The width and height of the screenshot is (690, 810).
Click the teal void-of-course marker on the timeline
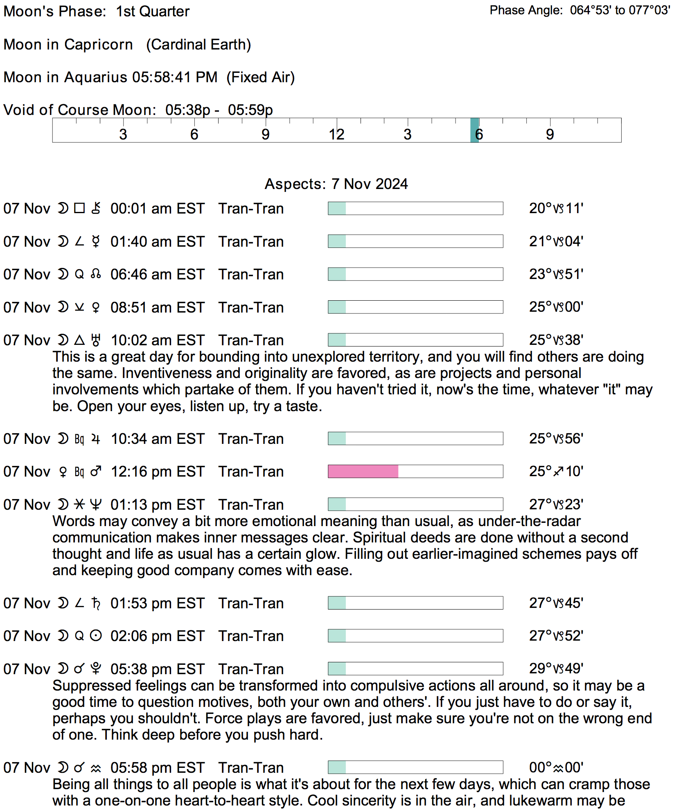coord(474,130)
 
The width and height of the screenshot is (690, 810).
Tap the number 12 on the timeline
coord(336,134)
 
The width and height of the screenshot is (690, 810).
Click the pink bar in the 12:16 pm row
coord(363,471)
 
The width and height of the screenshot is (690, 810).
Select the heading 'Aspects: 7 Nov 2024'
coord(336,184)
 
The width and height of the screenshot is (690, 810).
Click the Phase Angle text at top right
coord(580,10)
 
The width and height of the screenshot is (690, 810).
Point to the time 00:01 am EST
coord(157,209)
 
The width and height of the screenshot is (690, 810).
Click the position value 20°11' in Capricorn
coord(556,209)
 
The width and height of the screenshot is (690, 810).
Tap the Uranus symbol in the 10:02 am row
coord(96,340)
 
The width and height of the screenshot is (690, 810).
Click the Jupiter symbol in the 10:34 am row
coord(96,439)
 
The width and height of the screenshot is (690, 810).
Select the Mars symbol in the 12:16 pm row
coord(96,472)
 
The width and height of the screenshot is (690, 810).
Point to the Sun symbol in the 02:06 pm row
coord(96,636)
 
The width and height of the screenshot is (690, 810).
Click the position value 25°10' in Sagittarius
coord(556,471)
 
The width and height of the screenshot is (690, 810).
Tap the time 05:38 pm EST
coord(157,669)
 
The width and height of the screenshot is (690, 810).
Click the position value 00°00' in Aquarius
coord(556,767)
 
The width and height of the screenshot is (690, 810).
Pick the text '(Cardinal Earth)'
coord(198,45)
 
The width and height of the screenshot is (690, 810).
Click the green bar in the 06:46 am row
coord(337,274)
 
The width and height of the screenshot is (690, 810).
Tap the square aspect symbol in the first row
coord(79,208)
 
